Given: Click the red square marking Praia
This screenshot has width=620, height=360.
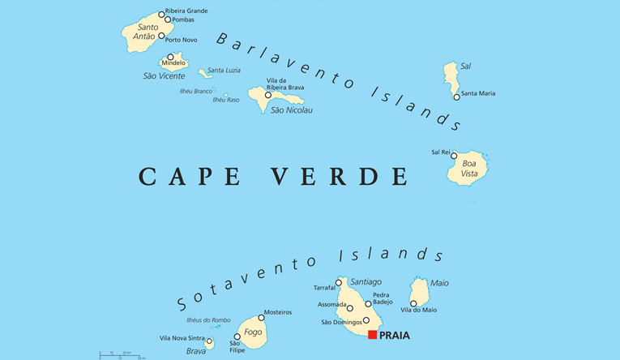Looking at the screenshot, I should click(x=372, y=334).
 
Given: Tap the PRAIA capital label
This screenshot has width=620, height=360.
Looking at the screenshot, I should click(x=395, y=335).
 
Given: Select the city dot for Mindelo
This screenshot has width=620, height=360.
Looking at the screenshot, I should click(x=170, y=57).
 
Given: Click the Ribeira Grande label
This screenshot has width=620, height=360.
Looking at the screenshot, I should click(x=186, y=11).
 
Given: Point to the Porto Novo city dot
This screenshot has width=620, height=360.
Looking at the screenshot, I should click(x=161, y=36).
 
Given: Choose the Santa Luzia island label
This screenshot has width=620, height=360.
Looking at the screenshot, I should click(x=224, y=71).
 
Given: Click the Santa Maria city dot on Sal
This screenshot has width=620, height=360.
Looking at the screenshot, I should click(x=456, y=96).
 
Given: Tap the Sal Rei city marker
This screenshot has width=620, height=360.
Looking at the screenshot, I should click(x=454, y=156).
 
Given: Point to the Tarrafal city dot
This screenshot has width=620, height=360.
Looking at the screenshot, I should click(x=339, y=283).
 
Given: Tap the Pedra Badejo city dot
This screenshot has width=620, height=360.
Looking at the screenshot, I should click(x=368, y=304).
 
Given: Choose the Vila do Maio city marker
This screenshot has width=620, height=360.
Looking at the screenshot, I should click(x=413, y=303).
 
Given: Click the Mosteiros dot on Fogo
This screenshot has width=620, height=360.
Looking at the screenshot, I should click(x=261, y=317).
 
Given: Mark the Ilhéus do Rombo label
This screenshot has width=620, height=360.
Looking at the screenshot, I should click(x=207, y=319).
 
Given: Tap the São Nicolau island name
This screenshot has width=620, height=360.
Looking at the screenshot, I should click(x=291, y=110).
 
